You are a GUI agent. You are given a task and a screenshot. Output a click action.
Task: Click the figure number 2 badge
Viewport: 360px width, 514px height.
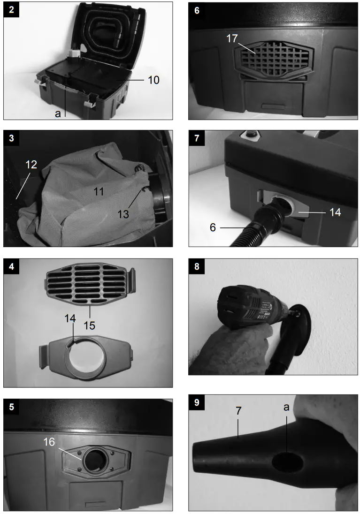(x=11, y=9)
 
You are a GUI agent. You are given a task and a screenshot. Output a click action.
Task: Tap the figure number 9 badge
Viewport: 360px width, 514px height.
(x=197, y=402)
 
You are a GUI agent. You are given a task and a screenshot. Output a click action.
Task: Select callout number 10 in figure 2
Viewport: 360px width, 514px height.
(x=153, y=80)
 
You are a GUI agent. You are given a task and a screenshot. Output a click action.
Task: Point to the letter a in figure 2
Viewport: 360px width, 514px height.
(x=58, y=114)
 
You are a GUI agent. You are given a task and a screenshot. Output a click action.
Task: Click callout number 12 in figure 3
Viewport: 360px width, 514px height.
(x=31, y=164)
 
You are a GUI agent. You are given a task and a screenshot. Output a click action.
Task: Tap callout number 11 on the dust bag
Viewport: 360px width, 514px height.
(x=99, y=191)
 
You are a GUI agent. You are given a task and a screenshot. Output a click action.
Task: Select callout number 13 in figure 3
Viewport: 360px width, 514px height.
(x=123, y=214)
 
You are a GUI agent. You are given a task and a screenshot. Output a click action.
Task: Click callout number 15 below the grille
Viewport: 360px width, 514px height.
(x=89, y=325)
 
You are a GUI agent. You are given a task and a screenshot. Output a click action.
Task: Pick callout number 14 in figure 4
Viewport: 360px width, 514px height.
(x=70, y=318)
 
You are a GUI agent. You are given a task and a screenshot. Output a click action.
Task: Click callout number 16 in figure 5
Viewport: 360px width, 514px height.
(x=49, y=442)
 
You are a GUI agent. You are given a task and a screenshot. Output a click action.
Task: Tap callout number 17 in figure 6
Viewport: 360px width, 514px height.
(x=232, y=38)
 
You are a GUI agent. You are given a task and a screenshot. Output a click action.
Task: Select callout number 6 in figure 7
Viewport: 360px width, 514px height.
(x=213, y=227)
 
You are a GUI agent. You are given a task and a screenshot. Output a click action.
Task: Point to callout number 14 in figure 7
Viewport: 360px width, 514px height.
(x=335, y=212)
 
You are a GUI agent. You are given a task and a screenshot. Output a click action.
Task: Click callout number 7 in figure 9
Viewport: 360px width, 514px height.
(x=238, y=410)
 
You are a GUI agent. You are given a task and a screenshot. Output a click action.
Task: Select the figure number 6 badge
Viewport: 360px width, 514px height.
(x=197, y=10)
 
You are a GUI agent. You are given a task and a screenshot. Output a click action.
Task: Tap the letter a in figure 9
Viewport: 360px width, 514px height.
(x=286, y=408)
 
